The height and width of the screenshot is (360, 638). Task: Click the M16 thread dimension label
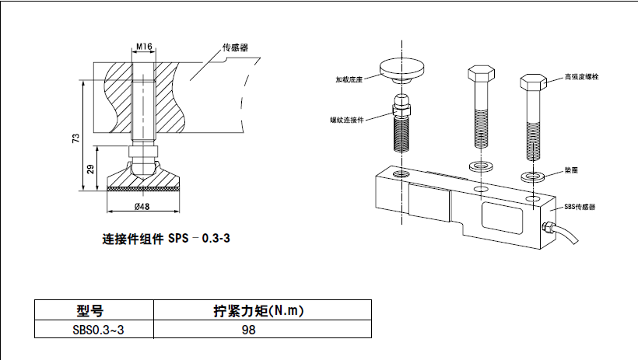(143, 47)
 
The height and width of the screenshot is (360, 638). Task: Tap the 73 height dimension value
(75, 138)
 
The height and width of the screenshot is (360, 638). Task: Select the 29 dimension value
(91, 169)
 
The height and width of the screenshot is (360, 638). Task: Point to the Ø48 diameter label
(142, 206)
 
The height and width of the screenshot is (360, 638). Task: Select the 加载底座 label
(349, 79)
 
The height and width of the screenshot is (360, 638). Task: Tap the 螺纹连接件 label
(346, 120)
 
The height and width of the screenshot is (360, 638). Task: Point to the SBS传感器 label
(580, 207)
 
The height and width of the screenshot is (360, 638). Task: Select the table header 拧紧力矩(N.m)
(258, 312)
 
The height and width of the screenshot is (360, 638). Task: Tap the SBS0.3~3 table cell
(93, 330)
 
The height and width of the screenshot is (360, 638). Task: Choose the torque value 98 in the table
(249, 330)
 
